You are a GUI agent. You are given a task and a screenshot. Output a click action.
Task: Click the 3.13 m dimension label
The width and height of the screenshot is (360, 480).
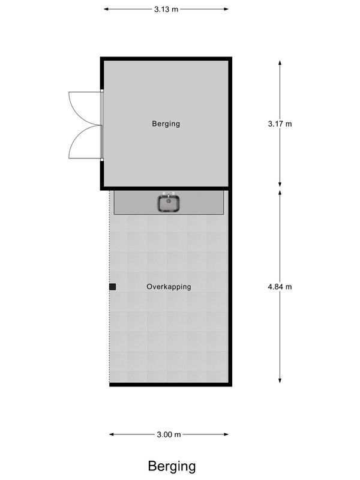(x=166, y=9)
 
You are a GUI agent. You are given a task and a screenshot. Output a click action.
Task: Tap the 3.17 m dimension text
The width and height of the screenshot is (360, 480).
(x=280, y=124)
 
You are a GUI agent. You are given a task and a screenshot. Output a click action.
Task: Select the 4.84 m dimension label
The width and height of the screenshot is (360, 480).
(x=280, y=287)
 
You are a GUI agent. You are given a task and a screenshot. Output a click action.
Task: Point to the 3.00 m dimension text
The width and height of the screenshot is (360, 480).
(x=169, y=435)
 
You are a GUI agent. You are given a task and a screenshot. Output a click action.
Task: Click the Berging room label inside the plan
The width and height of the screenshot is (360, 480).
(x=166, y=124)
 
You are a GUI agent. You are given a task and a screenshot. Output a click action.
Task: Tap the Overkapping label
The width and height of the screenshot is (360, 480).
(x=169, y=287)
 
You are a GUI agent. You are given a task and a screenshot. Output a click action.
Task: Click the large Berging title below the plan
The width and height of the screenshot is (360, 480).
(x=172, y=466)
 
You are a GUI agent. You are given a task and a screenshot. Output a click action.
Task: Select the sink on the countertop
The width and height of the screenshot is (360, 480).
(x=170, y=204)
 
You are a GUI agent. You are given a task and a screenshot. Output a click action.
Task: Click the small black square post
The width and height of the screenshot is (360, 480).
(x=112, y=287)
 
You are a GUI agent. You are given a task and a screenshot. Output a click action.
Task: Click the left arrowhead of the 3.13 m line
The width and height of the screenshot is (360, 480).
(x=107, y=9)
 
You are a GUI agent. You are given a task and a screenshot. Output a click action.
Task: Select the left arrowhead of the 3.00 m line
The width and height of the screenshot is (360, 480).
(x=112, y=435)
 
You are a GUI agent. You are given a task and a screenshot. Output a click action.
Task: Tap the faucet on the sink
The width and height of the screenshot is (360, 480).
(x=170, y=195)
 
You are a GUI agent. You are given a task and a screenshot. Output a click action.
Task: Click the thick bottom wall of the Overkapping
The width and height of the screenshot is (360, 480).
(x=170, y=384)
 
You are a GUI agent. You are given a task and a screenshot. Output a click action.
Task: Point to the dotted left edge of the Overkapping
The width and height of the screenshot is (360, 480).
(x=110, y=336)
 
